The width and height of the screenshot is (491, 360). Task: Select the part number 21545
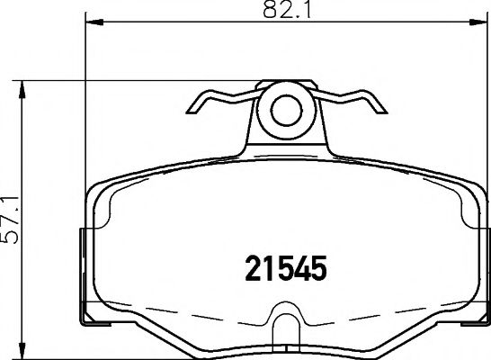[285, 267]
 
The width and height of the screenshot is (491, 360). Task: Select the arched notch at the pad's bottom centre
[286, 324]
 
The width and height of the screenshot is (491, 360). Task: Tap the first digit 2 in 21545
[254, 267]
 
